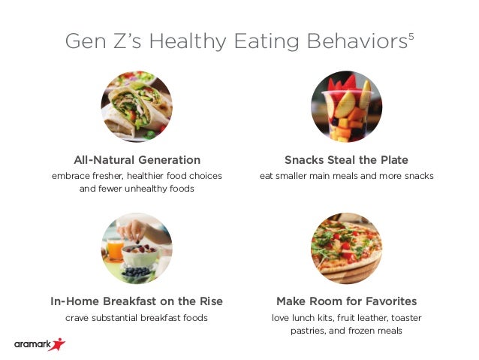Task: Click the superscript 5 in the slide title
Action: tap(411, 35)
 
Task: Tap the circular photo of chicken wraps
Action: tap(137, 107)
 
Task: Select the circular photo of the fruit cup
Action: tap(346, 107)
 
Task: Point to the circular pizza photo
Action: tap(346, 249)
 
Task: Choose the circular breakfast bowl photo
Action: tap(137, 249)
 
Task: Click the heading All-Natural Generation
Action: tap(137, 160)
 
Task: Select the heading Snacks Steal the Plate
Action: tap(346, 160)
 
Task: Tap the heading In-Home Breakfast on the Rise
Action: tap(137, 301)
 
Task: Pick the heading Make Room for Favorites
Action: tap(346, 301)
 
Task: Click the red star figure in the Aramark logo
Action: tap(56, 344)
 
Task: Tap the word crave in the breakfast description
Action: tap(79, 318)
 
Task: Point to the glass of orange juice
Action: tap(115, 250)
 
